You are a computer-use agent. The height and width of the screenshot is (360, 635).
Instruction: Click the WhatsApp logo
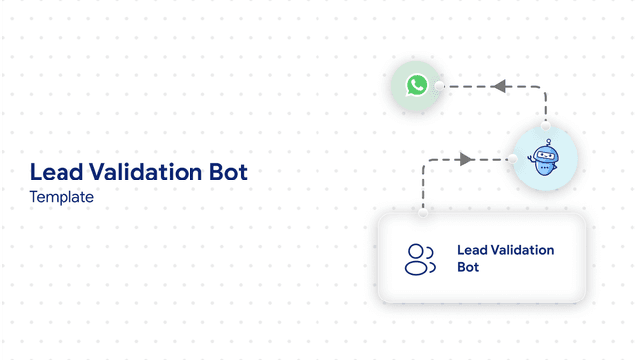click(417, 86)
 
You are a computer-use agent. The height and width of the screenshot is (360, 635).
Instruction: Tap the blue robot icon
click(543, 160)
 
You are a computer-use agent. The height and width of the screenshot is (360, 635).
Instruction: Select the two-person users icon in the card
click(421, 258)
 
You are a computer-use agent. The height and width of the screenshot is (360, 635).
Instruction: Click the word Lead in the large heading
click(54, 172)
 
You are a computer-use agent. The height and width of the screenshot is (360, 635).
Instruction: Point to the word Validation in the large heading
click(144, 172)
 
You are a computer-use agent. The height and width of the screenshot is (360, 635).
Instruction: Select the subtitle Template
click(62, 197)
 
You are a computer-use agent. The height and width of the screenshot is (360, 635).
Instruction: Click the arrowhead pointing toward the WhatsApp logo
click(500, 86)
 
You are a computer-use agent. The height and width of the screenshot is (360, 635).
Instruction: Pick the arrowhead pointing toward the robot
click(464, 159)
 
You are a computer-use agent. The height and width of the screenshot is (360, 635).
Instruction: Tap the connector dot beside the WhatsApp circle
click(440, 86)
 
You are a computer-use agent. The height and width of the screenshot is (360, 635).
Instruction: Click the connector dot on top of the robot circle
click(544, 126)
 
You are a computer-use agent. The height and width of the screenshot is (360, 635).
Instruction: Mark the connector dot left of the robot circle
click(510, 159)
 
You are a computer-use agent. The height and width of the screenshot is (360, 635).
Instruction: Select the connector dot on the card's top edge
click(423, 211)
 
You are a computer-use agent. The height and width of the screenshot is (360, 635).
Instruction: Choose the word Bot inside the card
click(468, 268)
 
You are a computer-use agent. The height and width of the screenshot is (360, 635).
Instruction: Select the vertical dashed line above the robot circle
click(544, 107)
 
